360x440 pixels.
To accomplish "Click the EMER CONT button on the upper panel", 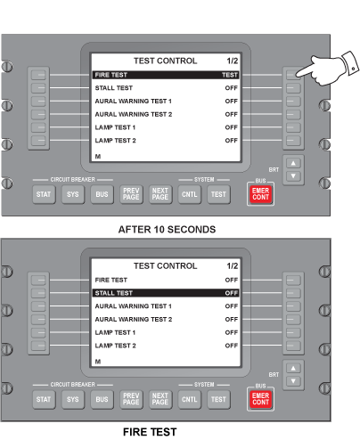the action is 260,194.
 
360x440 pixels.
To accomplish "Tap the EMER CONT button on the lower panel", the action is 260,399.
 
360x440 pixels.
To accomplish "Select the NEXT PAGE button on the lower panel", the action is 160,399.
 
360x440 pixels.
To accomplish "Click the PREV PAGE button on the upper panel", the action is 131,194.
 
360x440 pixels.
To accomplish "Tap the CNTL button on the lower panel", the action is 189,399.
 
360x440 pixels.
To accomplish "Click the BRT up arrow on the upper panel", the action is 293,163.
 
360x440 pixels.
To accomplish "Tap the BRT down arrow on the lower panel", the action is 293,381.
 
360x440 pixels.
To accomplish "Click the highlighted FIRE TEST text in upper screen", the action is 111,75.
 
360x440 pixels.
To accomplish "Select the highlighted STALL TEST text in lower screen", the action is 114,293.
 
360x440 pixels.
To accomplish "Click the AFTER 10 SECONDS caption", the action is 167,230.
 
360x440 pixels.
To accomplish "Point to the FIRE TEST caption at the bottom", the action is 150,432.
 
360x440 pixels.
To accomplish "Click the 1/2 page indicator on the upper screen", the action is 233,61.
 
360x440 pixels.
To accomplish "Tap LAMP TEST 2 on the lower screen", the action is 115,346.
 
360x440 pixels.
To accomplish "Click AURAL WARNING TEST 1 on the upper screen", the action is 134,102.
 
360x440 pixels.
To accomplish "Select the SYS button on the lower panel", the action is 73,399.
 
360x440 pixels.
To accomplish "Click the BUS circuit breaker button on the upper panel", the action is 102,194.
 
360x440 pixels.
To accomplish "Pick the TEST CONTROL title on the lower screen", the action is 165,266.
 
